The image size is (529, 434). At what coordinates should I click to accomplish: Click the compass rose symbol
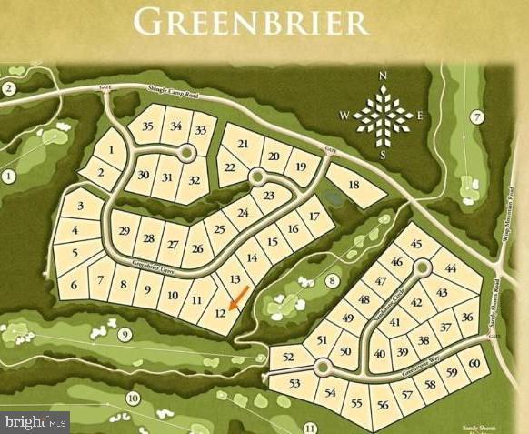click(382, 116)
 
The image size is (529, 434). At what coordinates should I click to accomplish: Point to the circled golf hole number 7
click(477, 116)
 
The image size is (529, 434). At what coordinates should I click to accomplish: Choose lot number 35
click(148, 126)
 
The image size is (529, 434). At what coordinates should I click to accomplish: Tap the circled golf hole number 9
click(125, 335)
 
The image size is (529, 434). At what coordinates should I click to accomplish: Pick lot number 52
click(286, 358)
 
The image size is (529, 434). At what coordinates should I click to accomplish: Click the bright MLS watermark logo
click(35, 421)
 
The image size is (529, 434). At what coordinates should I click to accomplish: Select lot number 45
click(416, 244)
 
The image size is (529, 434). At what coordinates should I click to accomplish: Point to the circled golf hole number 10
click(133, 398)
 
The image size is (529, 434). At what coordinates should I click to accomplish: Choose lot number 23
click(268, 196)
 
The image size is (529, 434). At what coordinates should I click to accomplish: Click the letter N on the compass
click(383, 76)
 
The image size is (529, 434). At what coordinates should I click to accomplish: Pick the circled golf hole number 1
click(9, 176)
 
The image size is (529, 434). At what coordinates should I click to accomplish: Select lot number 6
click(74, 286)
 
